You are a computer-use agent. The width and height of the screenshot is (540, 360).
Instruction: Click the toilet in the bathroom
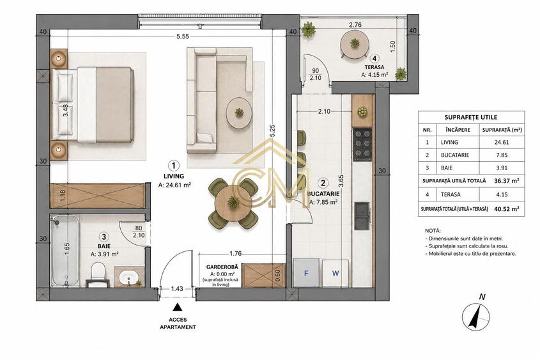[x=98, y=274]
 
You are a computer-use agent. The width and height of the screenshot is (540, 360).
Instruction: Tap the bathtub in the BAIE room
[x=65, y=251]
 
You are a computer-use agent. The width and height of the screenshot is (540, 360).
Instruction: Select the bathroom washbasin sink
[x=129, y=277]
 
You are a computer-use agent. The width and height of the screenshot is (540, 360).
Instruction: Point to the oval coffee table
[x=238, y=113]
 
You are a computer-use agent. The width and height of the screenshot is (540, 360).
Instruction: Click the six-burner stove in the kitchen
[x=362, y=145]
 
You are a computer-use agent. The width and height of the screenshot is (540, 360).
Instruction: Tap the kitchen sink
[x=362, y=215]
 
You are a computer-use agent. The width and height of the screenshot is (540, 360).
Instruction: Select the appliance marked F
[x=306, y=273]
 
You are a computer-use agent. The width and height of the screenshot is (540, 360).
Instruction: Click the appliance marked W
[x=335, y=273]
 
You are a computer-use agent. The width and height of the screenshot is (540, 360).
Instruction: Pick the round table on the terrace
[x=355, y=44]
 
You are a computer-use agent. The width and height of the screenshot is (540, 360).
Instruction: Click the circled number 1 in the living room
[x=174, y=166]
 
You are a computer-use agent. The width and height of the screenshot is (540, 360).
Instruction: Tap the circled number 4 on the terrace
[x=374, y=58]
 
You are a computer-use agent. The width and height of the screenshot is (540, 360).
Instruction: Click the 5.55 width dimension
[x=183, y=36]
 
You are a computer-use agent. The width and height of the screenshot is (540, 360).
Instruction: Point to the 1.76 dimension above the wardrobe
[x=236, y=254]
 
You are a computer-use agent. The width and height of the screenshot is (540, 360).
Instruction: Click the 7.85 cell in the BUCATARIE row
[x=502, y=155]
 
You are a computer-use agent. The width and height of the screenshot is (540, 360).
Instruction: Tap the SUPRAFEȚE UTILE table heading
[x=471, y=117]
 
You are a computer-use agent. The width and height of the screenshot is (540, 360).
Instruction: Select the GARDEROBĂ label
[x=222, y=267]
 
